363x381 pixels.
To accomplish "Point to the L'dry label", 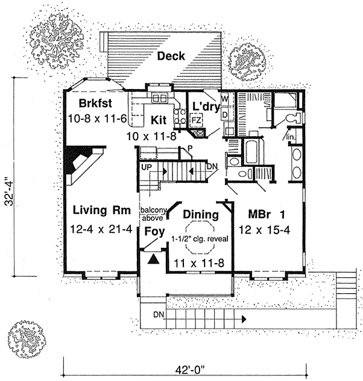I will click(x=204, y=107).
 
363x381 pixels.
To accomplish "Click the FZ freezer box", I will click(x=196, y=120).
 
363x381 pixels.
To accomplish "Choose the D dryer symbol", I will click(x=224, y=113).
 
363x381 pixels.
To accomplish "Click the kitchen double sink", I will click(x=161, y=98).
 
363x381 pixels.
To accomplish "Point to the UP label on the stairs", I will click(x=146, y=167).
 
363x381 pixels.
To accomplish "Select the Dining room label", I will click(x=200, y=215).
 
